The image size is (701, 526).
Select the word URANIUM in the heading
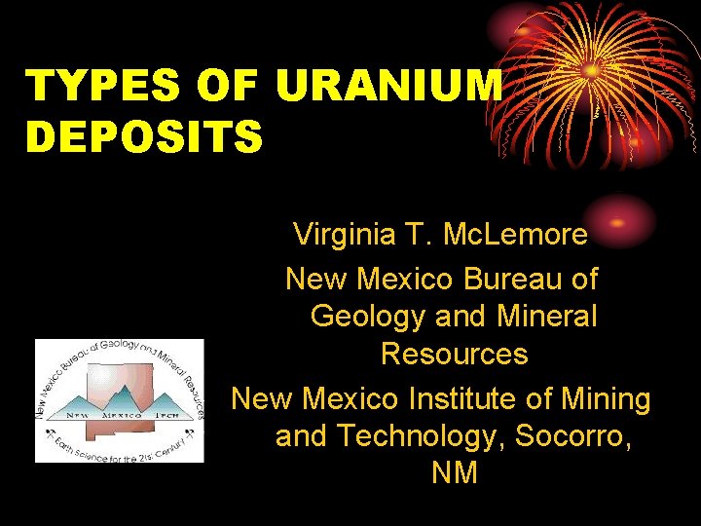(389, 88)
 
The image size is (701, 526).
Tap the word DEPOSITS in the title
(144, 136)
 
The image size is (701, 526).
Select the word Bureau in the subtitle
(513, 279)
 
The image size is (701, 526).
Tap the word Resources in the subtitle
(455, 353)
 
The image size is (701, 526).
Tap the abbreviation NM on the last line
(455, 472)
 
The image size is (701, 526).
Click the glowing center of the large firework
(591, 70)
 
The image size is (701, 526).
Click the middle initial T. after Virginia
(425, 234)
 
